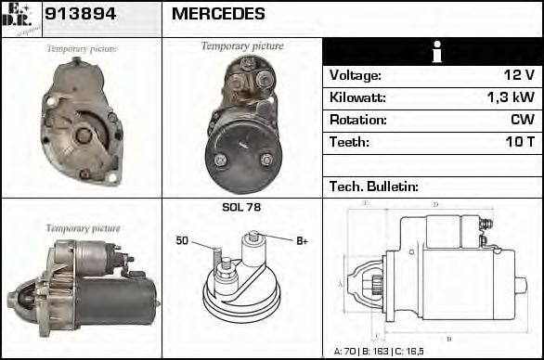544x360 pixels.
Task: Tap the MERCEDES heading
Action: (218, 14)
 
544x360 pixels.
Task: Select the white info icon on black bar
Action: (432, 51)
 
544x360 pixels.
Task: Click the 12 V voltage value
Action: (517, 75)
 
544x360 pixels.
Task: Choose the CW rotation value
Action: (522, 120)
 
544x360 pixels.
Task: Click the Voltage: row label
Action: (356, 75)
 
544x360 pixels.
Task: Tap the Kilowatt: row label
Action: (358, 97)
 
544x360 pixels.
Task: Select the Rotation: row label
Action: (356, 120)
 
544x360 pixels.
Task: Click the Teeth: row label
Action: (350, 142)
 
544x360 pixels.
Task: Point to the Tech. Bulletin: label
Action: (374, 186)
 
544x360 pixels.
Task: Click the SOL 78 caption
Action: (241, 207)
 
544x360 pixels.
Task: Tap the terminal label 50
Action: (182, 241)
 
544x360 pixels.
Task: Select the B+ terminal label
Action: (301, 241)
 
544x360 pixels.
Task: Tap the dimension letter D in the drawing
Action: (435, 204)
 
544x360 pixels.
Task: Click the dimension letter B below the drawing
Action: (449, 339)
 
